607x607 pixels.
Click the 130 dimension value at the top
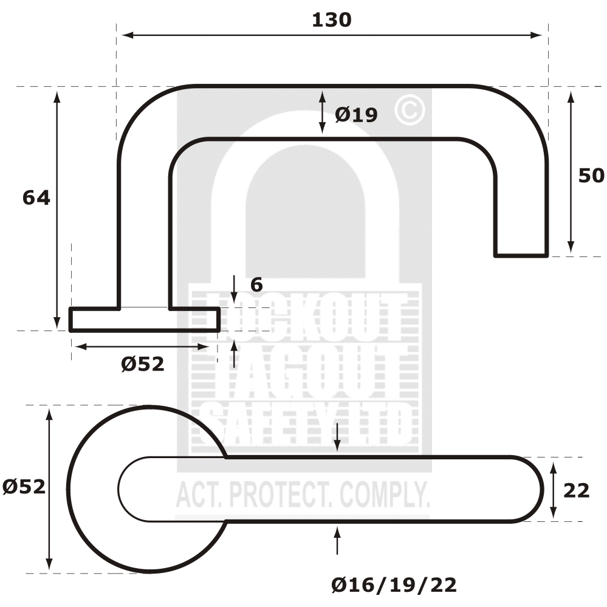point(331,20)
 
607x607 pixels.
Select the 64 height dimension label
point(36,197)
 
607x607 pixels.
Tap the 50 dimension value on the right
point(591,176)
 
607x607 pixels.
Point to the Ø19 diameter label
point(356,114)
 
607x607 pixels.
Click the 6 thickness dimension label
point(256,284)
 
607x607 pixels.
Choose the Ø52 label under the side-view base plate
point(143,364)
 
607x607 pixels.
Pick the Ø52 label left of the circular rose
point(24,487)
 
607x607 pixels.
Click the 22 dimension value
point(576,490)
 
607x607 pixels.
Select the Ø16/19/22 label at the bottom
point(394,585)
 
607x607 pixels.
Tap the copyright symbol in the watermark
point(410,110)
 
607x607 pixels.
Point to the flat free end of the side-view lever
point(521,255)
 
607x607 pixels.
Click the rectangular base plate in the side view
point(144,320)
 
